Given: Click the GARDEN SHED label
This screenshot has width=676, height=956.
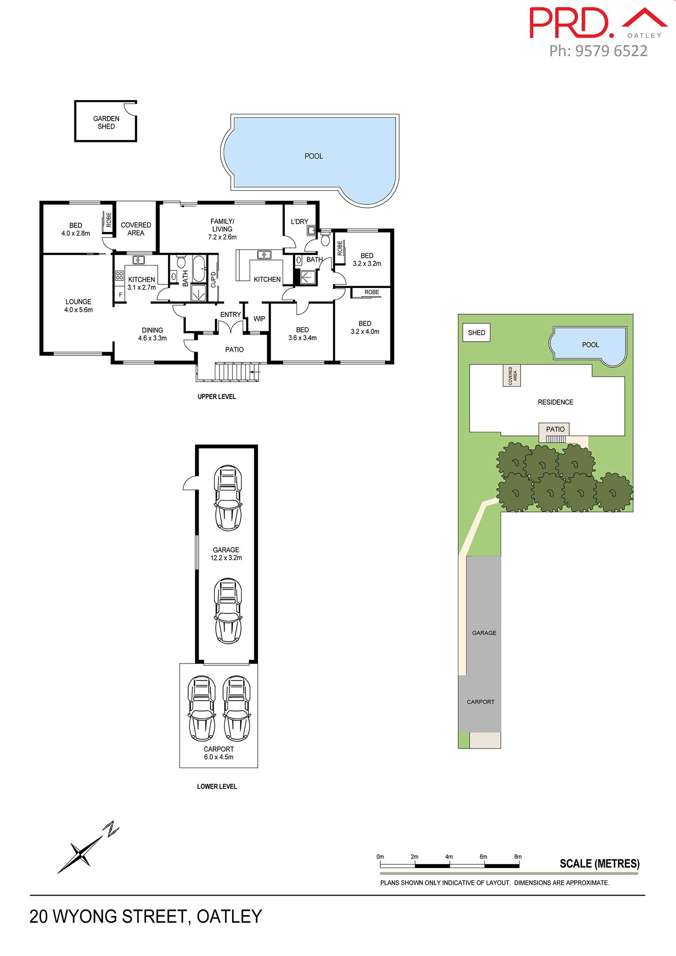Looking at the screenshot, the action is [106, 123].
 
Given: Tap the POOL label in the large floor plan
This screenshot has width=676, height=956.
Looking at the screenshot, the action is [314, 156].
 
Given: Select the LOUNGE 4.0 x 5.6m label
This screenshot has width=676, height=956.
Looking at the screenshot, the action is [78, 306].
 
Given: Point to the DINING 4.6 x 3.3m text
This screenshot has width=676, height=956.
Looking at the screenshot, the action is [152, 334].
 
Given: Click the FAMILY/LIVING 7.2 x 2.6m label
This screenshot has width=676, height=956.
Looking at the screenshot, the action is [222, 229].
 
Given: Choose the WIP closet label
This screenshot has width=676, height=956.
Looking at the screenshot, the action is [259, 319].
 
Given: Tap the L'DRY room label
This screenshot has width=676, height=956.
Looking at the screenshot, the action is [299, 221].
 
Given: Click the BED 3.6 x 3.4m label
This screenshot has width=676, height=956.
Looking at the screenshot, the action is [302, 334].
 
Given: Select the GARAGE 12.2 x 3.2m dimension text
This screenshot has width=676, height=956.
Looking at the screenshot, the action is [226, 553].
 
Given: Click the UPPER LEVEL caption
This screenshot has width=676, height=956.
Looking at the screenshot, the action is [217, 397].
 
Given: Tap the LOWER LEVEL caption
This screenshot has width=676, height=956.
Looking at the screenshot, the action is [217, 787].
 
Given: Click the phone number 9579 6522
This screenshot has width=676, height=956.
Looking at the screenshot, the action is [612, 51].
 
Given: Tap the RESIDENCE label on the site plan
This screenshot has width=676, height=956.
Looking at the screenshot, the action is [556, 402].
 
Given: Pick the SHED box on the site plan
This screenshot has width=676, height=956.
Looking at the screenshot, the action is [476, 333].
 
